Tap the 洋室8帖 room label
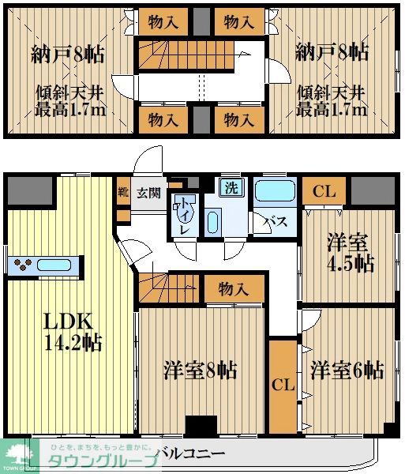[x=201, y=370]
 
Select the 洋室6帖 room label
[x=347, y=370]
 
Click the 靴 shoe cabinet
[x=122, y=192]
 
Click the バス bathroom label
[x=275, y=221]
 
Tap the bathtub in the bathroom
[x=275, y=193]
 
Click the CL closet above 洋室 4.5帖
[x=323, y=190]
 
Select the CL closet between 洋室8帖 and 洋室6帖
[x=282, y=386]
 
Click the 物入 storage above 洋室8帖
[x=235, y=289]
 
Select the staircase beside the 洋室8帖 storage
[x=167, y=289]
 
